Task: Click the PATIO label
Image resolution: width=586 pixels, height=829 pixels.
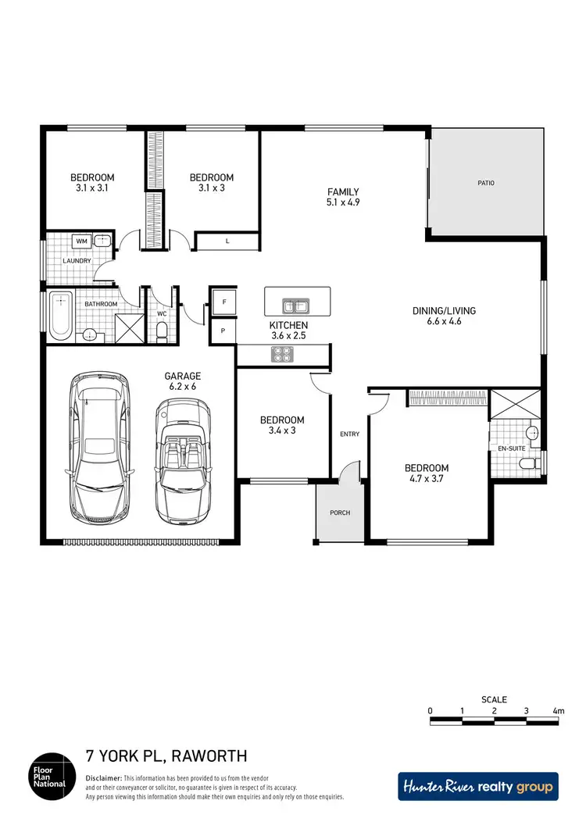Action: [x=486, y=184]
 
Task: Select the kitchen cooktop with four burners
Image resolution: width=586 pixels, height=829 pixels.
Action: [x=281, y=355]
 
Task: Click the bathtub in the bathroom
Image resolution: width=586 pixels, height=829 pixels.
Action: [x=60, y=316]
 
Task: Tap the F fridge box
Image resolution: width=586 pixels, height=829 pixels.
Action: [x=223, y=302]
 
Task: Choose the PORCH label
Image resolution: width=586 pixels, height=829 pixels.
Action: [x=340, y=513]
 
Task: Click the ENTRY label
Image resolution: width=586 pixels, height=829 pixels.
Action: [x=348, y=434]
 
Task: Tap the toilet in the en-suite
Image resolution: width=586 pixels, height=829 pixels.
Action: [x=530, y=464]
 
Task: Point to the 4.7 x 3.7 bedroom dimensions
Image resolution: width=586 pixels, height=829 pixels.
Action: [x=426, y=480]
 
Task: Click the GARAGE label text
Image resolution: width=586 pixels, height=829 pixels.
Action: [x=182, y=376]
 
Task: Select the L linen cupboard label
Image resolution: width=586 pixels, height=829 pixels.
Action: [x=227, y=241]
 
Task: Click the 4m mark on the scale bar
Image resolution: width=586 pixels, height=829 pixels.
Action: [x=558, y=711]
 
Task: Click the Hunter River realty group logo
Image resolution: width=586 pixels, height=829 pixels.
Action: [x=478, y=787]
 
